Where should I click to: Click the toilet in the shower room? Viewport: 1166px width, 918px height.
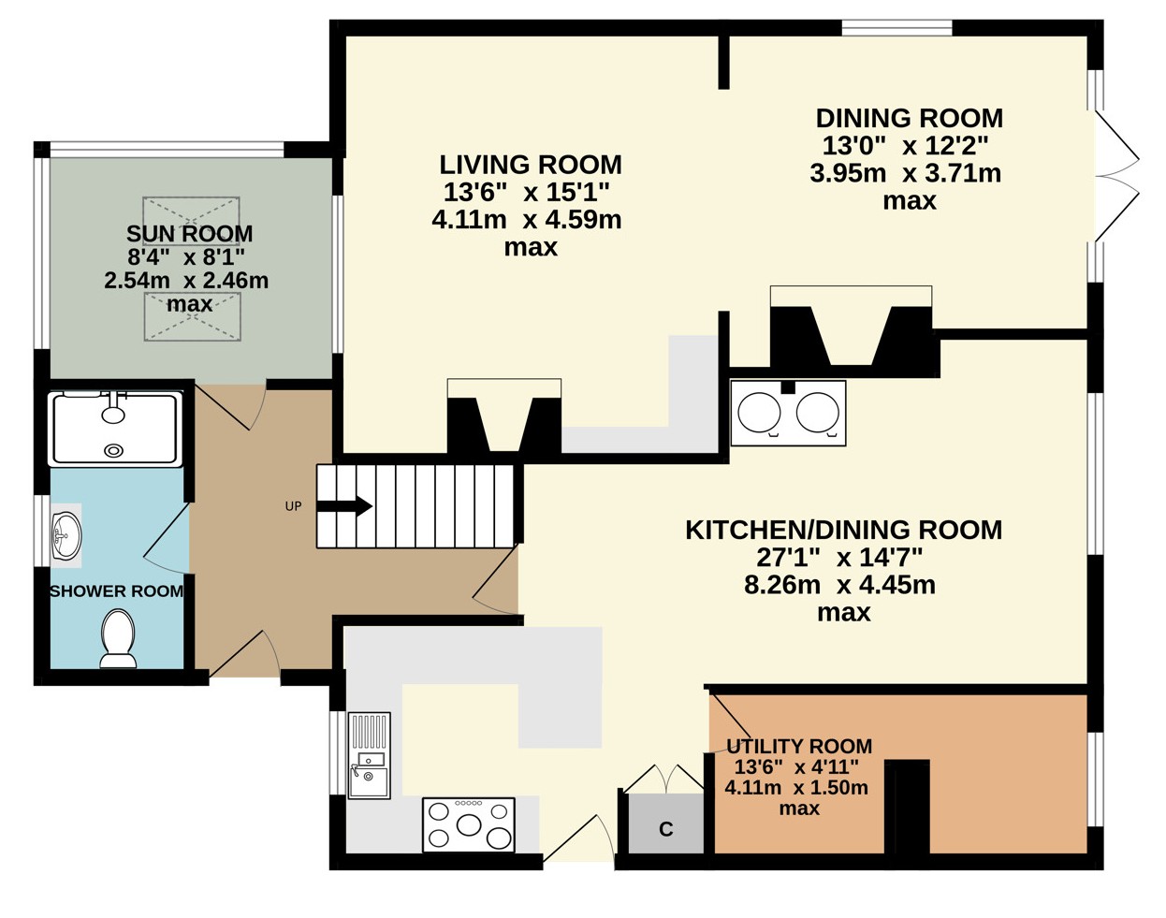click(x=118, y=638)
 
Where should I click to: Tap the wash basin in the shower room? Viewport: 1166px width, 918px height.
click(x=66, y=535)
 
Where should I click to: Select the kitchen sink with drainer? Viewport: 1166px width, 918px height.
click(x=369, y=755)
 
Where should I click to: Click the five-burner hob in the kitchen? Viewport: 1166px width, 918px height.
click(x=469, y=824)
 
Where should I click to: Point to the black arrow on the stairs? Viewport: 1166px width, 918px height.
click(x=344, y=506)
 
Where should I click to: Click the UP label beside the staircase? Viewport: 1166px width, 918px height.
click(x=293, y=506)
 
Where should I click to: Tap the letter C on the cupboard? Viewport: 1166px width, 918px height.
click(x=666, y=829)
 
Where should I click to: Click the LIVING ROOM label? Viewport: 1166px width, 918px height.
click(x=531, y=165)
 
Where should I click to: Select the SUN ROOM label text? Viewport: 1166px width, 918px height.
click(x=190, y=234)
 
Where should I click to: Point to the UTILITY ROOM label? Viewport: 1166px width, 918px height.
click(x=799, y=747)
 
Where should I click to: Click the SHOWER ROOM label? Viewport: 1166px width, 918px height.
click(x=116, y=591)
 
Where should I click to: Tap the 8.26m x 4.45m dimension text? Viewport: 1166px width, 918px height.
click(x=839, y=585)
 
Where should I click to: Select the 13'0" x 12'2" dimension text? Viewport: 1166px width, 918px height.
click(x=906, y=146)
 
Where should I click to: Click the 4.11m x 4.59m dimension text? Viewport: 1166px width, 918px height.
click(x=526, y=220)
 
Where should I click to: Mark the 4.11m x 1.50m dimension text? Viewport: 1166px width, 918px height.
click(x=796, y=787)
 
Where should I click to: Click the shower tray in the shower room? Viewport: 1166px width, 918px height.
click(x=115, y=429)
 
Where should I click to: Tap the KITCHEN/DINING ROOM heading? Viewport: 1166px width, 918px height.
click(x=843, y=530)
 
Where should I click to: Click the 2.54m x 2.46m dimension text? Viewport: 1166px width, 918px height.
click(x=186, y=281)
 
